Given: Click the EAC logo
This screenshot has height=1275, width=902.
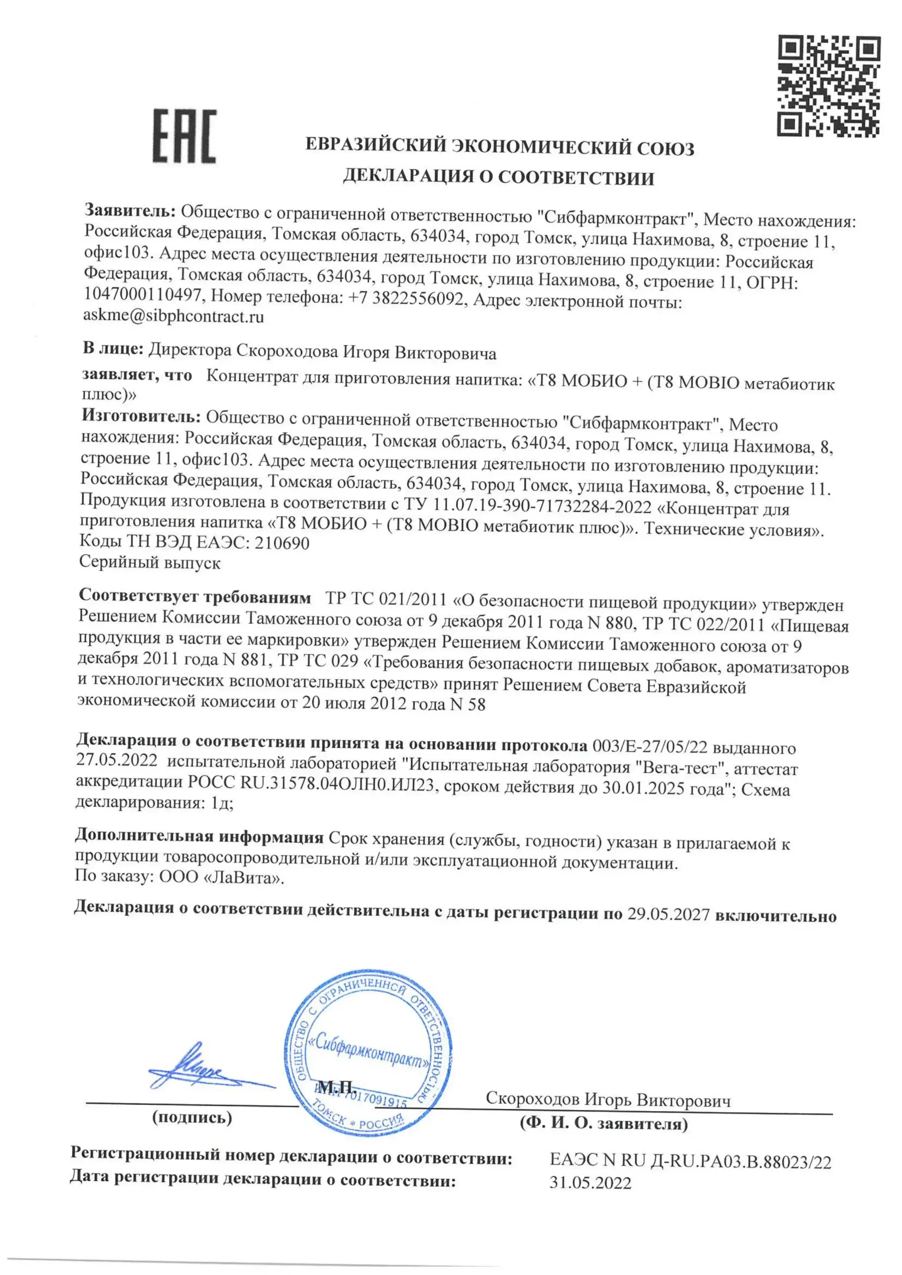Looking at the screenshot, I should pyautogui.click(x=184, y=136).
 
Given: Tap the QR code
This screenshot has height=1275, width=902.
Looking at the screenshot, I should pyautogui.click(x=829, y=86).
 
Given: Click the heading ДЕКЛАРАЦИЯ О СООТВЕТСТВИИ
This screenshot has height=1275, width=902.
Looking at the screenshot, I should pyautogui.click(x=498, y=177).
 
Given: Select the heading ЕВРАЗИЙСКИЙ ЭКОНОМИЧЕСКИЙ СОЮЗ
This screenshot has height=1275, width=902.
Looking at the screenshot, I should pyautogui.click(x=500, y=148).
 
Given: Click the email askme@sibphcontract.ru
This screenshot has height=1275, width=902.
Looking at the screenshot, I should pyautogui.click(x=173, y=317).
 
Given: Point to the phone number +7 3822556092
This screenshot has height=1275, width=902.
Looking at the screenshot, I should pyautogui.click(x=406, y=299).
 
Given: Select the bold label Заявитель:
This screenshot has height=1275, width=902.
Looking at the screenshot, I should pyautogui.click(x=130, y=211).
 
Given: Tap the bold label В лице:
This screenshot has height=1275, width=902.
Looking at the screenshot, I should pyautogui.click(x=114, y=349).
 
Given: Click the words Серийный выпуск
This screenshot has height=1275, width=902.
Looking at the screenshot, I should pyautogui.click(x=150, y=562).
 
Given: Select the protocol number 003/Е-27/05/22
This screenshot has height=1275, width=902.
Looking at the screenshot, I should pyautogui.click(x=650, y=748).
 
